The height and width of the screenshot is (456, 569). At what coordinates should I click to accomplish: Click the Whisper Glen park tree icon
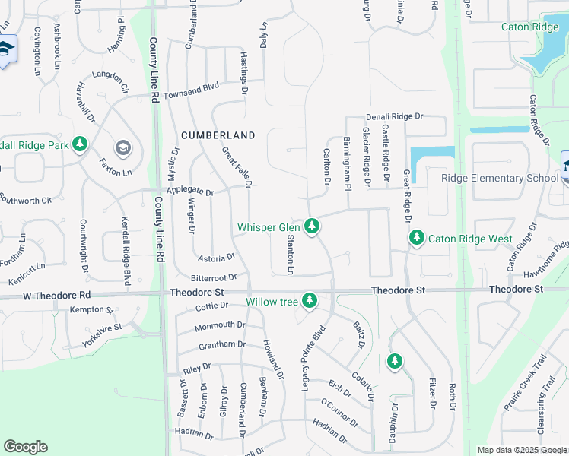tap(311, 226)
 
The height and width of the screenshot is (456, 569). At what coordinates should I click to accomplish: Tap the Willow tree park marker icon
tap(309, 301)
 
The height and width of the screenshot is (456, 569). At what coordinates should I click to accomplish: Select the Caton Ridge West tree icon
tap(416, 238)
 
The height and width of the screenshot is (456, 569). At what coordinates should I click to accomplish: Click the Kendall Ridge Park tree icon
tap(80, 144)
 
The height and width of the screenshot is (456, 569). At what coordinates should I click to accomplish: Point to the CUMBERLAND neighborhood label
tap(218, 135)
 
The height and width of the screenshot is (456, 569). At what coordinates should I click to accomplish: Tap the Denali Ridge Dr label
tap(393, 117)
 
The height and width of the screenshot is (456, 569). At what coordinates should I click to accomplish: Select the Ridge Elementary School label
tap(501, 178)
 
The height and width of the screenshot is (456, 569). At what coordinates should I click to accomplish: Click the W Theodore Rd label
tap(57, 294)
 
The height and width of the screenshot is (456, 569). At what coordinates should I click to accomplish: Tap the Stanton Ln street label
tap(291, 254)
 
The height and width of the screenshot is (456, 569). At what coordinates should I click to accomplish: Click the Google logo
tap(25, 447)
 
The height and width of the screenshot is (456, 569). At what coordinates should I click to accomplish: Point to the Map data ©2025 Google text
tap(521, 450)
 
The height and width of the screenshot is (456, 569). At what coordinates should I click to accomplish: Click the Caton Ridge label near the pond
tap(529, 27)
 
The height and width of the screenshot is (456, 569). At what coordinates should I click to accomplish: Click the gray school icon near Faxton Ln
tap(122, 147)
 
